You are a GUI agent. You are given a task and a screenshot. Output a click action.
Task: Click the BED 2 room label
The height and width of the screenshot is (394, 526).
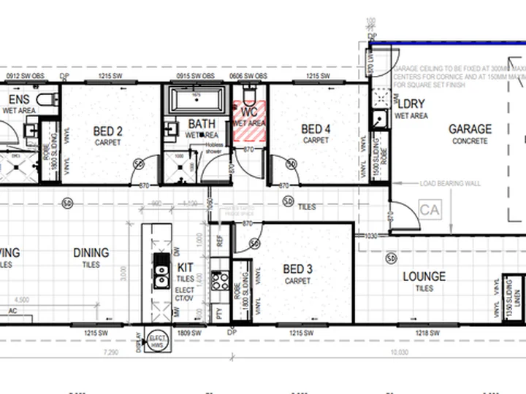107,132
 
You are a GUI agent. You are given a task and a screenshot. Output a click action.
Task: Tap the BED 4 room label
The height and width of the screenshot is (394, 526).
316,129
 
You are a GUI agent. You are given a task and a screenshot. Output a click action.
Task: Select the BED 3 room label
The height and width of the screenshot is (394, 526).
297,270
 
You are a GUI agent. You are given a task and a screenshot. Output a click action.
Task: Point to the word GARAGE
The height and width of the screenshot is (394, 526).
470,129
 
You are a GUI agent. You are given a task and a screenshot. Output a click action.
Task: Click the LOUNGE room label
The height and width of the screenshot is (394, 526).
424,277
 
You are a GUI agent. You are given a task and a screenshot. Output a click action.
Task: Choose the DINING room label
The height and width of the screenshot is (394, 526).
91,253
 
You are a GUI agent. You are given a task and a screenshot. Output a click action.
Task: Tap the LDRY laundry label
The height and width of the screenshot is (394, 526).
411,104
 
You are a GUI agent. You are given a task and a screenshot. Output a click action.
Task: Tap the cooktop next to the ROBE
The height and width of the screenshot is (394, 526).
218,279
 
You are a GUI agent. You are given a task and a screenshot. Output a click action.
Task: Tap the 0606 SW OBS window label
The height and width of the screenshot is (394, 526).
250,76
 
